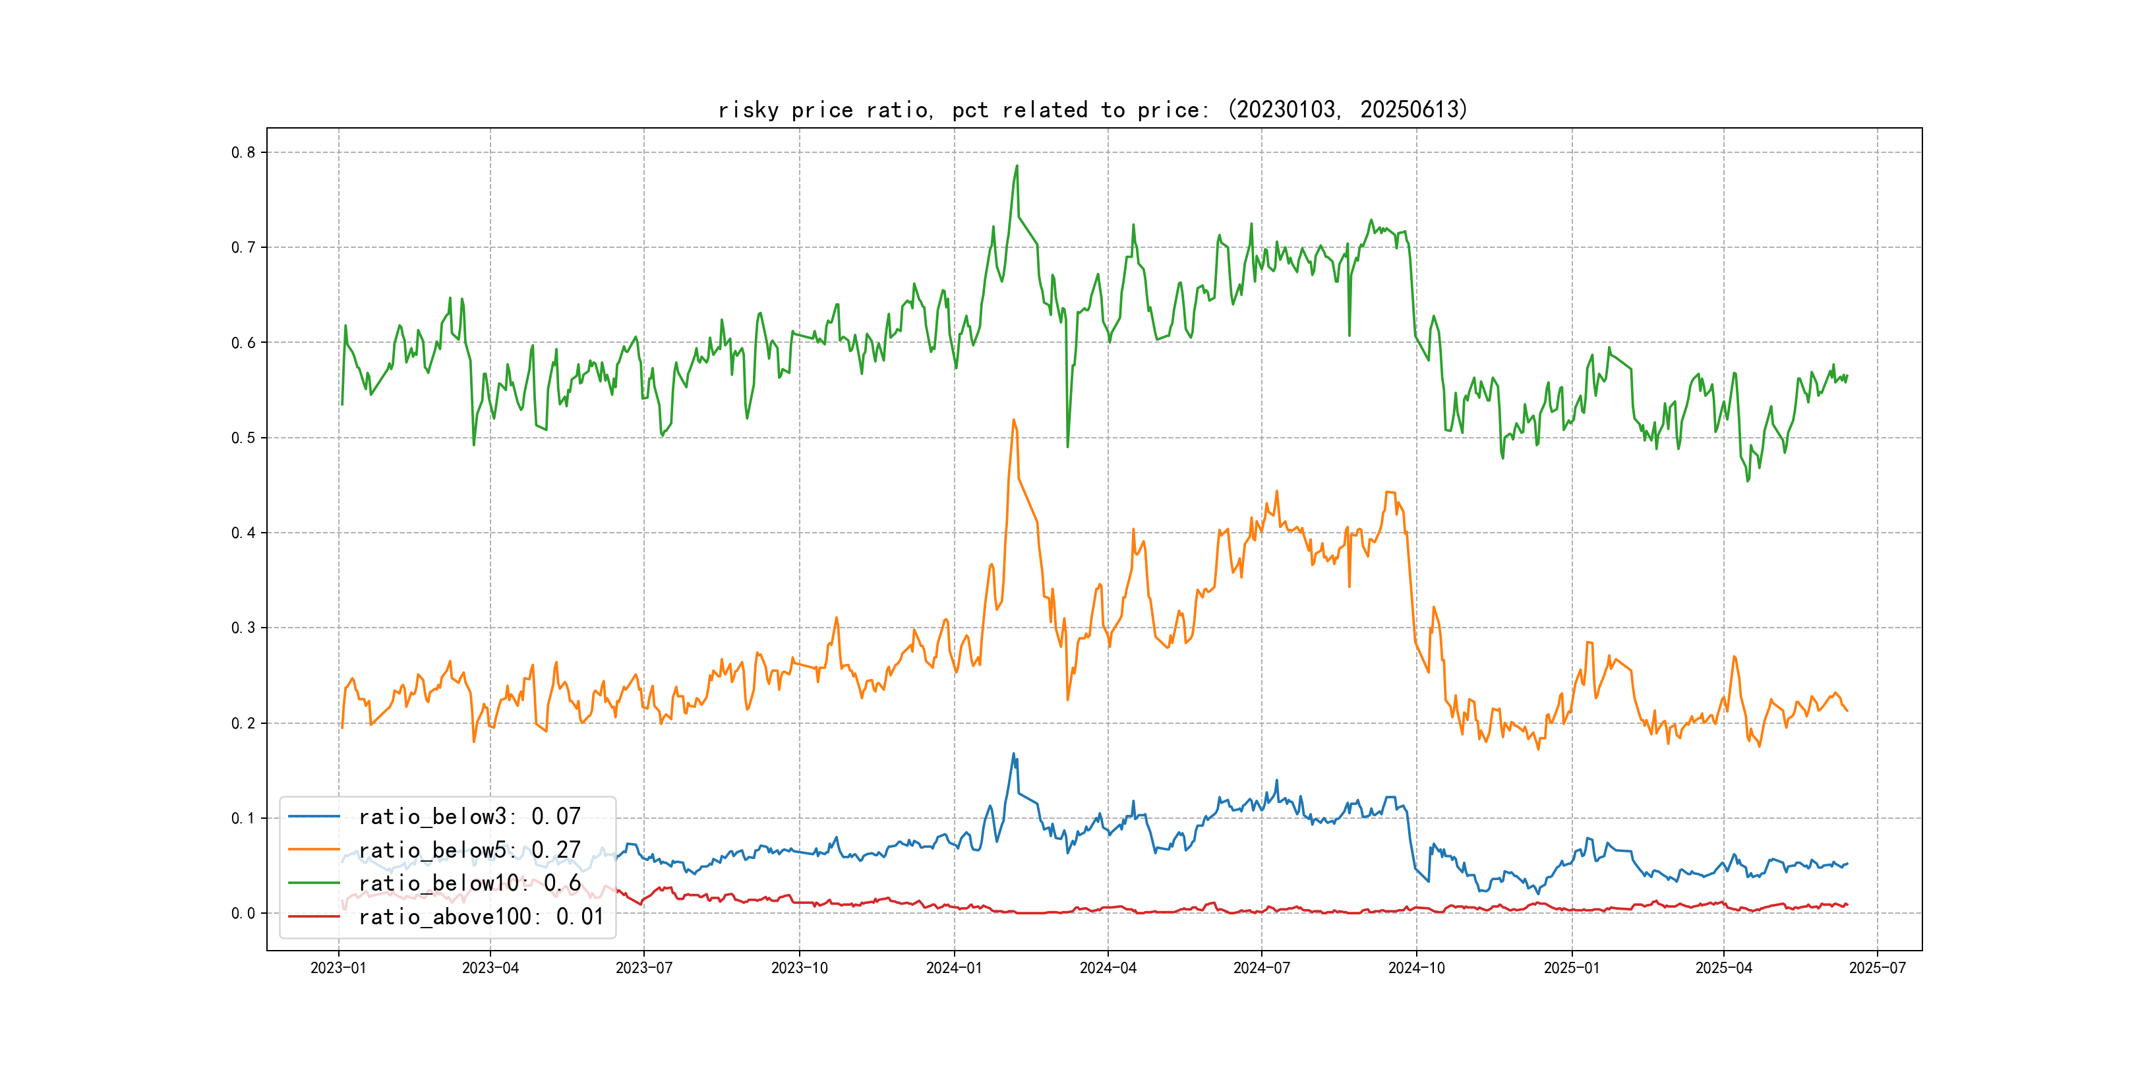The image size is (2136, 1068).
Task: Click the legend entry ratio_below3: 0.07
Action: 469,817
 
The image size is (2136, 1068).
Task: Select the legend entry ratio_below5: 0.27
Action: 469,850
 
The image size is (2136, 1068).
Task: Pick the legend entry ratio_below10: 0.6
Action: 469,883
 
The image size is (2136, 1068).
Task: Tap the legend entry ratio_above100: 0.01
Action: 481,916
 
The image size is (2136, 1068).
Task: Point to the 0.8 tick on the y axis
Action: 243,152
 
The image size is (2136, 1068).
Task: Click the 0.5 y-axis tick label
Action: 243,438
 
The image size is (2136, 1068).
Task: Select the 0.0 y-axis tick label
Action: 243,914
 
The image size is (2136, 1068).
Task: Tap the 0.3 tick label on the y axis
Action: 243,628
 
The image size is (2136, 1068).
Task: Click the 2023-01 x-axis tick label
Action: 338,968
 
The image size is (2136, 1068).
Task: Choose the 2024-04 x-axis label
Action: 1108,968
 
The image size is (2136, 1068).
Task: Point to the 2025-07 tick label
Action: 1878,968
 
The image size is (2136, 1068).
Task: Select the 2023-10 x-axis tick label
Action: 799,968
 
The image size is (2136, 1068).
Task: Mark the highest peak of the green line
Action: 1017,166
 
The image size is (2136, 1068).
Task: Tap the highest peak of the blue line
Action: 1013,754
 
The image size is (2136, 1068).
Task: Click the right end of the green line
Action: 1847,376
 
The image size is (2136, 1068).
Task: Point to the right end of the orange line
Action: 1847,711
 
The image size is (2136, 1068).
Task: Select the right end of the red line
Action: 1847,905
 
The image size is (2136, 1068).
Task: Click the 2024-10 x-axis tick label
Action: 1416,968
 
